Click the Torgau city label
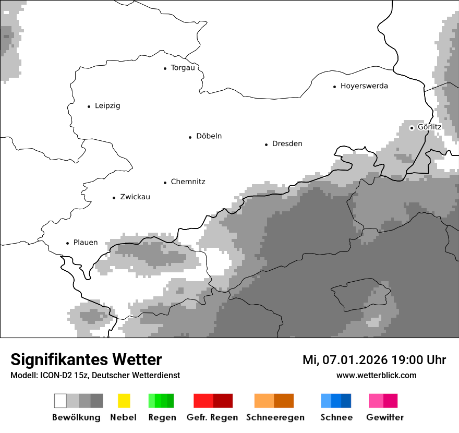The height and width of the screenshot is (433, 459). tap(183, 68)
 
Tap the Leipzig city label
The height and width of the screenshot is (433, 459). tap(107, 106)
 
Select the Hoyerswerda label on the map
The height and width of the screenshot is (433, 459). tap(364, 86)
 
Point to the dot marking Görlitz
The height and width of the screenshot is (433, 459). tap(412, 127)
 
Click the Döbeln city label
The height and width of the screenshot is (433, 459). tap(209, 136)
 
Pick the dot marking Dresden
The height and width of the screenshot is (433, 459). tap(266, 144)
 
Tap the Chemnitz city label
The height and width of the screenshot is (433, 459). tap(188, 182)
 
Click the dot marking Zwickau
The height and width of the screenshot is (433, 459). tap(114, 198)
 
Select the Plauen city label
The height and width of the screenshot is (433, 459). tap(86, 243)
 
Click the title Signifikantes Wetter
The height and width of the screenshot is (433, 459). tap(86, 359)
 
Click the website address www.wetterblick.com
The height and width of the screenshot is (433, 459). tap(376, 375)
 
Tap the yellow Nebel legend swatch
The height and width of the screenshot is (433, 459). tap(124, 401)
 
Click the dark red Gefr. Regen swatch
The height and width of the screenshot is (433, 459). tap(223, 401)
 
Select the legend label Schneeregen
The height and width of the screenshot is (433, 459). tap(275, 417)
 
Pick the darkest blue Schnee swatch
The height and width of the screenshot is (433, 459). tap(346, 401)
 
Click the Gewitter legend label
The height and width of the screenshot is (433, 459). tap(384, 417)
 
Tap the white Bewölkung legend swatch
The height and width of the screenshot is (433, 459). tap(61, 401)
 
